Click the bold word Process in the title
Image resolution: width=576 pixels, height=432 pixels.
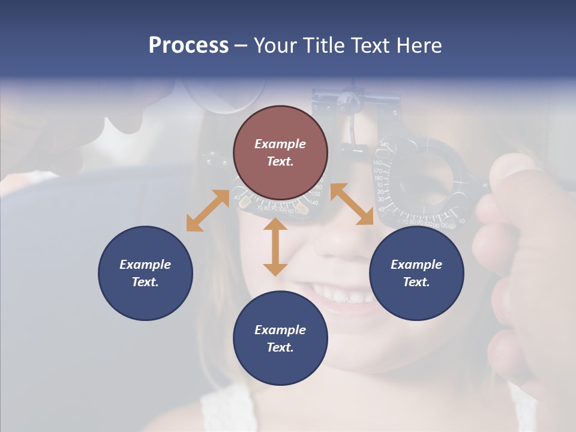pyautogui.click(x=188, y=46)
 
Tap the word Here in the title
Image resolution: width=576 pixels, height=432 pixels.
pyautogui.click(x=418, y=46)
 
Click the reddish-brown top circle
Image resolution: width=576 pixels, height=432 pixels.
pyautogui.click(x=280, y=153)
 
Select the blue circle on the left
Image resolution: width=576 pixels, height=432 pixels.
pyautogui.click(x=145, y=273)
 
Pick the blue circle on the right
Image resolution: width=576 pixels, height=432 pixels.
pyautogui.click(x=416, y=273)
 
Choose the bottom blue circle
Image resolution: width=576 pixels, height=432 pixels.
pyautogui.click(x=280, y=338)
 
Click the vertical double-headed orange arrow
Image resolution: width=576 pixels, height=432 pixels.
pyautogui.click(x=275, y=247)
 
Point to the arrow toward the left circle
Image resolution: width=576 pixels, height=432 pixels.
pyautogui.click(x=208, y=211)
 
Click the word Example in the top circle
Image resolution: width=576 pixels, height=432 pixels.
pyautogui.click(x=280, y=144)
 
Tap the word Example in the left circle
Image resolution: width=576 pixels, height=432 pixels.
pyautogui.click(x=145, y=265)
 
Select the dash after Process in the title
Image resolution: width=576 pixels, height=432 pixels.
pyautogui.click(x=241, y=46)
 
